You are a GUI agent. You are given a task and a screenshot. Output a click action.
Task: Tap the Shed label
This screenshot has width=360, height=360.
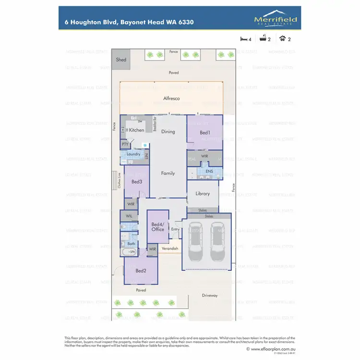121,60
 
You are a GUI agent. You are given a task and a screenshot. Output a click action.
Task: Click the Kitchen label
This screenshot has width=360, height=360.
136,130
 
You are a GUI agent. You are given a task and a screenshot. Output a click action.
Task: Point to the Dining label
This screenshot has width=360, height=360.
168,132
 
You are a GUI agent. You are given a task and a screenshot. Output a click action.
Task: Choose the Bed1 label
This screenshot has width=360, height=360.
205,132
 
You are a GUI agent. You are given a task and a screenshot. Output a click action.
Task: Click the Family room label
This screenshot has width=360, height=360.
168,173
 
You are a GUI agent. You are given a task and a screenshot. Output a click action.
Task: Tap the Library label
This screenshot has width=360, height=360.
203,194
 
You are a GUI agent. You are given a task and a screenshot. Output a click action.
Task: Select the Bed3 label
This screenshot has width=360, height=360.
136,182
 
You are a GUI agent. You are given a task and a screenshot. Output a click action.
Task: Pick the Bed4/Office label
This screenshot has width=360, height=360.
158,227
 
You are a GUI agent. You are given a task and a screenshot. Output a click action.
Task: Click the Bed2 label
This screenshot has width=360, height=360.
141,271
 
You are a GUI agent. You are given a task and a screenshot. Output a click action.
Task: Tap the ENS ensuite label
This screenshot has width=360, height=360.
209,171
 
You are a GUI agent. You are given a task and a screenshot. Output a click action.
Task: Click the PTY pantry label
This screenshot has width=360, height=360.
125,144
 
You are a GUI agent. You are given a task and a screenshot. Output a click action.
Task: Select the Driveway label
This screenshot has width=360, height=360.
210,295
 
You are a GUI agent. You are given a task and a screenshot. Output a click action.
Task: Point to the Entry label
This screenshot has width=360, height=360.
175,229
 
